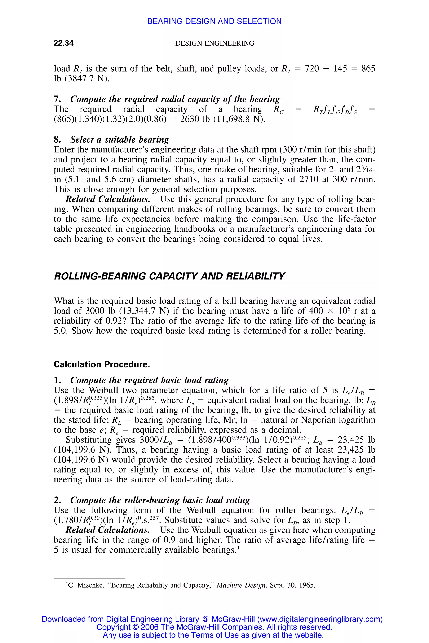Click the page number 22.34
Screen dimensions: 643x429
click(x=63, y=43)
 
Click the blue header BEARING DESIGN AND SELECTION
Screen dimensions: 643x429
click(x=214, y=21)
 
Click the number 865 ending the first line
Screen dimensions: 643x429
click(x=368, y=68)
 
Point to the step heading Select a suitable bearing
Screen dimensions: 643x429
click(x=120, y=139)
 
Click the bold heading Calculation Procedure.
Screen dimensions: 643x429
click(x=102, y=364)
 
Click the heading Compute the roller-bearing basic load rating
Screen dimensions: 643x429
click(x=160, y=500)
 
